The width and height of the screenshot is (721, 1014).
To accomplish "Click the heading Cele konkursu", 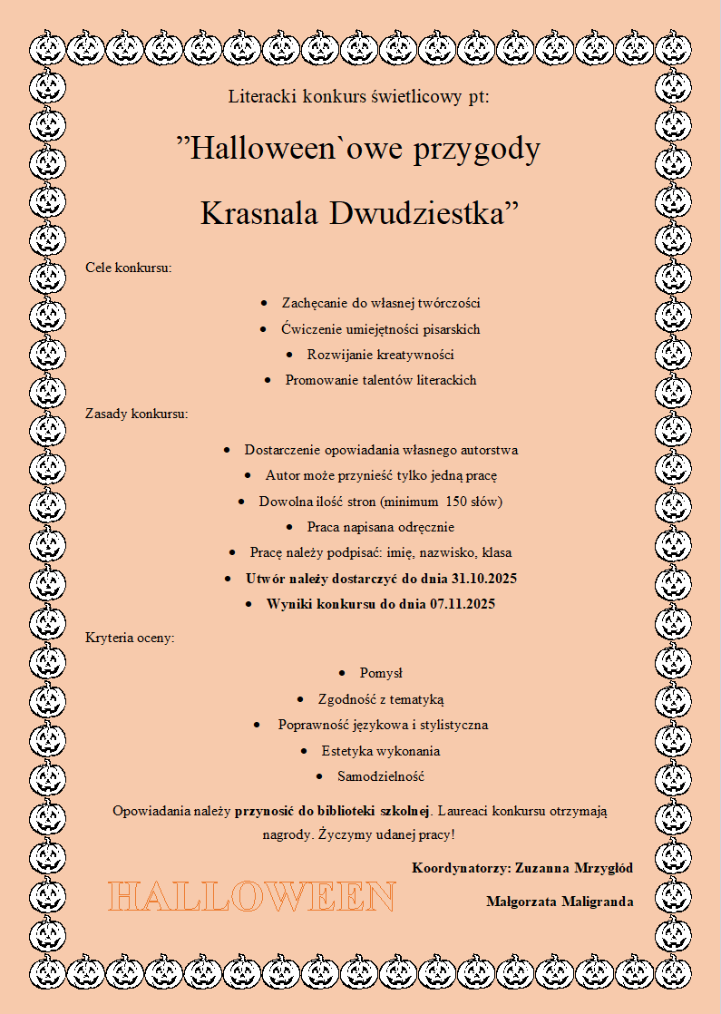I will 128,268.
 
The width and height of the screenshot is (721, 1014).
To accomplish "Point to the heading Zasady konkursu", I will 137,414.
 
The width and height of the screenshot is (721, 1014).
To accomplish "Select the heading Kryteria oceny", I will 130,638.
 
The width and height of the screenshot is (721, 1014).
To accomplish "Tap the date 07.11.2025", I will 458,604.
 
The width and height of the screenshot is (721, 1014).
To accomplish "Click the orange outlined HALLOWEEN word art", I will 252,897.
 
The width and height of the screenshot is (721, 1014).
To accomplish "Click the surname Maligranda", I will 597,902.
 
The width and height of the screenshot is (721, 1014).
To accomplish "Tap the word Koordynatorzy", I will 460,868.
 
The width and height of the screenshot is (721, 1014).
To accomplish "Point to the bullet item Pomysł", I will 381,673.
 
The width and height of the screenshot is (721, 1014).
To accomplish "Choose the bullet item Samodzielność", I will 381,776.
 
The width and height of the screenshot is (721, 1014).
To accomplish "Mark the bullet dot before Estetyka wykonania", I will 304,751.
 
